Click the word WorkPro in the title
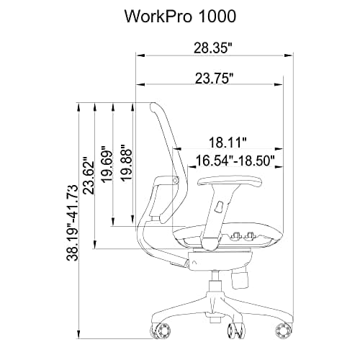point(154,15)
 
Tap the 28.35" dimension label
point(213,49)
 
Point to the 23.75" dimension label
point(213,79)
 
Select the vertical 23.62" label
point(89,176)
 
